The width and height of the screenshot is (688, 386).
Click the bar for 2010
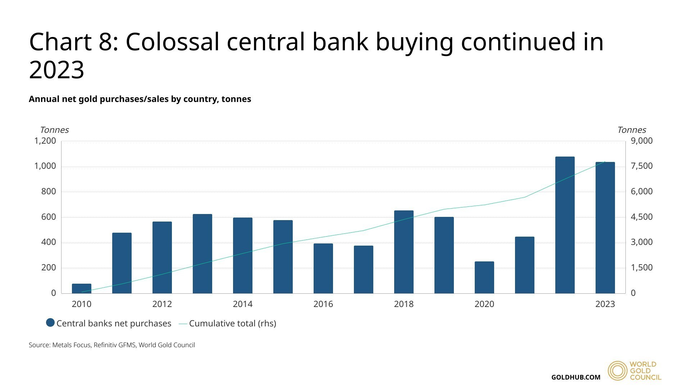click(82, 288)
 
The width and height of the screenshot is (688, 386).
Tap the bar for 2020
click(484, 277)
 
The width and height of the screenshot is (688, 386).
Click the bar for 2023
click(605, 228)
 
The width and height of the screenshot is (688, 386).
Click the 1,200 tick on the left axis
click(45, 141)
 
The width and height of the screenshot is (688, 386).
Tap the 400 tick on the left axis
click(49, 242)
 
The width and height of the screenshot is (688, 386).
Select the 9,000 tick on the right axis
click(642, 141)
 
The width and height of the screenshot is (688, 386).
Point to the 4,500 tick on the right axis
click(642, 217)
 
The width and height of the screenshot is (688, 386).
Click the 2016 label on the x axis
click(323, 304)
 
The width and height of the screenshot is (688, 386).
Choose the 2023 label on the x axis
click(605, 304)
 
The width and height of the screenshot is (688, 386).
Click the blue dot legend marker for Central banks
click(50, 323)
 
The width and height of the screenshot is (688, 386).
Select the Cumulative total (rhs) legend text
click(232, 324)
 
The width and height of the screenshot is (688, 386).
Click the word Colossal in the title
click(172, 42)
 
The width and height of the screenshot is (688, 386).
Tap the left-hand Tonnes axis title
click(54, 130)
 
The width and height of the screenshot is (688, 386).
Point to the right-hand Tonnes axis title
click(632, 130)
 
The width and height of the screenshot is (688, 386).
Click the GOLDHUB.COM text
click(575, 377)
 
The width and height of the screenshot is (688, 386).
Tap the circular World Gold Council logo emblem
click(618, 371)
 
